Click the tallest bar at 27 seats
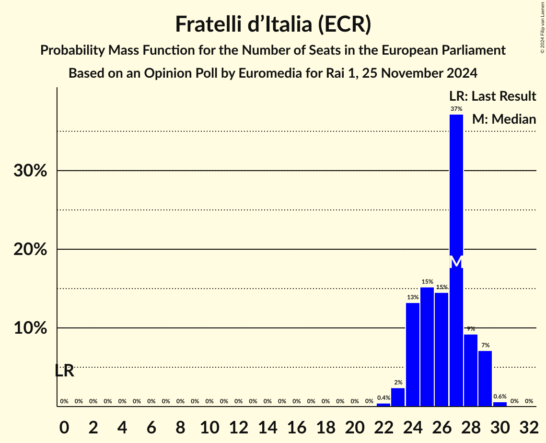[456, 192]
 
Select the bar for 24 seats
[413, 355]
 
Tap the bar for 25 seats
[427, 347]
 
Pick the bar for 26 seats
[441, 350]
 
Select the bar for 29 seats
[485, 378]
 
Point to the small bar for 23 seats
[398, 397]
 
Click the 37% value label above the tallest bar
[456, 109]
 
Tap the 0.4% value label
[383, 398]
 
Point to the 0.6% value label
[500, 396]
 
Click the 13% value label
[413, 297]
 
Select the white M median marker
[456, 262]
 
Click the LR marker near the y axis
[64, 371]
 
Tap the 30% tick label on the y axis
[30, 171]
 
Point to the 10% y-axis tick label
[30, 328]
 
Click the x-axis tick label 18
[325, 425]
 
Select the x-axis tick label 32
[529, 425]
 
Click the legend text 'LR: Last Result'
[492, 96]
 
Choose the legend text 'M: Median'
[504, 119]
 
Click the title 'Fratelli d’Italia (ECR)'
[273, 24]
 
